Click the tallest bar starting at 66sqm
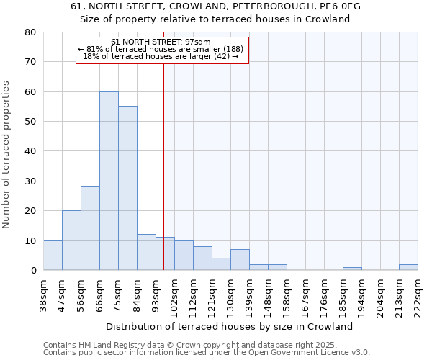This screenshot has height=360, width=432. [109, 181]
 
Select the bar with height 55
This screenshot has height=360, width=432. [127, 188]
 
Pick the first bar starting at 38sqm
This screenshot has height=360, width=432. [53, 255]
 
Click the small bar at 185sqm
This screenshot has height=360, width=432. [352, 269]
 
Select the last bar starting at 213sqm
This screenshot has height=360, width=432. [408, 267]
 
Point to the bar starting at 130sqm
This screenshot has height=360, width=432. [240, 260]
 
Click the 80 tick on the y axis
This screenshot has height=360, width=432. [30, 32]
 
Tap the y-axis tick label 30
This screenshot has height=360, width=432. [30, 181]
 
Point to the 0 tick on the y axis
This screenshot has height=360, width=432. [33, 271]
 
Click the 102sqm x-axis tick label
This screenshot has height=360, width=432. [175, 293]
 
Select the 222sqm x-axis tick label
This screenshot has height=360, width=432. [418, 293]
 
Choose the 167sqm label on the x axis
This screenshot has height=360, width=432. [306, 293]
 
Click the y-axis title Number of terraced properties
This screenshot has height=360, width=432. [7, 155]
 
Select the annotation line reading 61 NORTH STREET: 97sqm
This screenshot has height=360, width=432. [161, 42]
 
